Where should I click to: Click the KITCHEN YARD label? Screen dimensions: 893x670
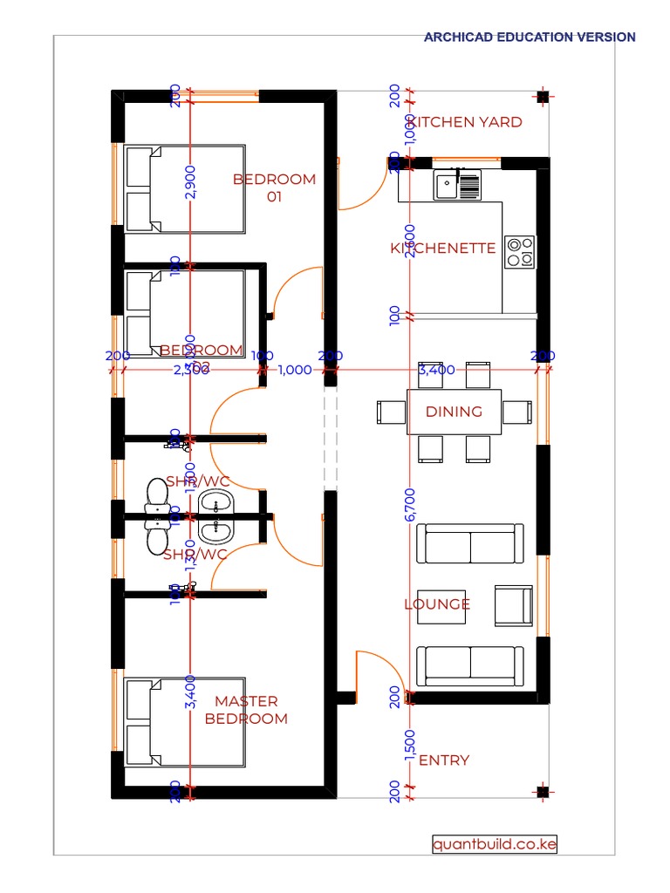[x=466, y=122]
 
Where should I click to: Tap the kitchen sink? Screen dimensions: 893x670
[x=457, y=185]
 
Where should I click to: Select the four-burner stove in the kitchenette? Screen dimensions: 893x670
[x=521, y=251]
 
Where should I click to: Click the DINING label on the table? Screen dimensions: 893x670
[x=454, y=412]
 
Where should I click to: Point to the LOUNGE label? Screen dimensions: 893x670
[x=437, y=604]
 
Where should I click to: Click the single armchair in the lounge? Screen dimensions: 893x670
[x=513, y=605]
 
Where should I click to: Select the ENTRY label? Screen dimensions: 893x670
[x=444, y=760]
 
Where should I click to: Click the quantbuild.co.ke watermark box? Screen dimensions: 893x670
[x=495, y=844]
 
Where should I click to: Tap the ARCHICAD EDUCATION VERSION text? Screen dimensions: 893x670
[x=530, y=37]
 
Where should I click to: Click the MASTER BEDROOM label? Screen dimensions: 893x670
[x=246, y=710]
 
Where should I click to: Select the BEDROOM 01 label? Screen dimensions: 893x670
[x=274, y=187]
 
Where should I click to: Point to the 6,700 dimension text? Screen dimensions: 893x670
[x=410, y=504]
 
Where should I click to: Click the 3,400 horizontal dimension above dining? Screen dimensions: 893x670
[x=436, y=370]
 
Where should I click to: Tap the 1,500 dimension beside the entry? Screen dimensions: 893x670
[x=410, y=746]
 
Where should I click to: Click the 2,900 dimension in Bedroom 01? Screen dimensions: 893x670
[x=191, y=181]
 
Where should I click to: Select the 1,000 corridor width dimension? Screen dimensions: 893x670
[x=295, y=370]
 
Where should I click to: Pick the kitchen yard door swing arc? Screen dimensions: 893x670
[x=373, y=196]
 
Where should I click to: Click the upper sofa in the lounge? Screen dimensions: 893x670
[x=469, y=544]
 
